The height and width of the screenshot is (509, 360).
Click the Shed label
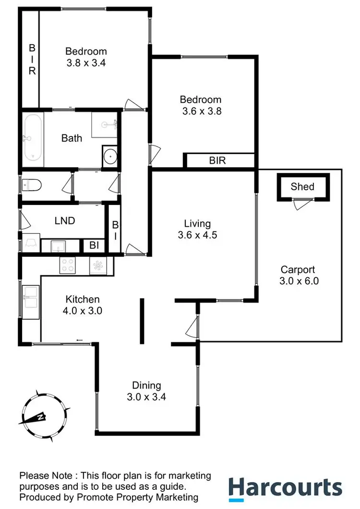click(302, 187)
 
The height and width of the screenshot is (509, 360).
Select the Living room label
click(197, 223)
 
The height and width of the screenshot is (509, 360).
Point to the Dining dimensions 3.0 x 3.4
click(147, 397)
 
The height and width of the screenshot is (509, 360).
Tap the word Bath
click(72, 138)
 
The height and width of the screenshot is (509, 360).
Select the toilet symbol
click(30, 184)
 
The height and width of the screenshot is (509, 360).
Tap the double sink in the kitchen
click(30, 296)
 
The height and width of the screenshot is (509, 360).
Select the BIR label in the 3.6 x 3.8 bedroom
click(217, 160)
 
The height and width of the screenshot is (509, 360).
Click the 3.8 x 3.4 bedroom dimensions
click(86, 63)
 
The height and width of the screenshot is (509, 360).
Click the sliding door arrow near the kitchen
click(79, 340)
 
